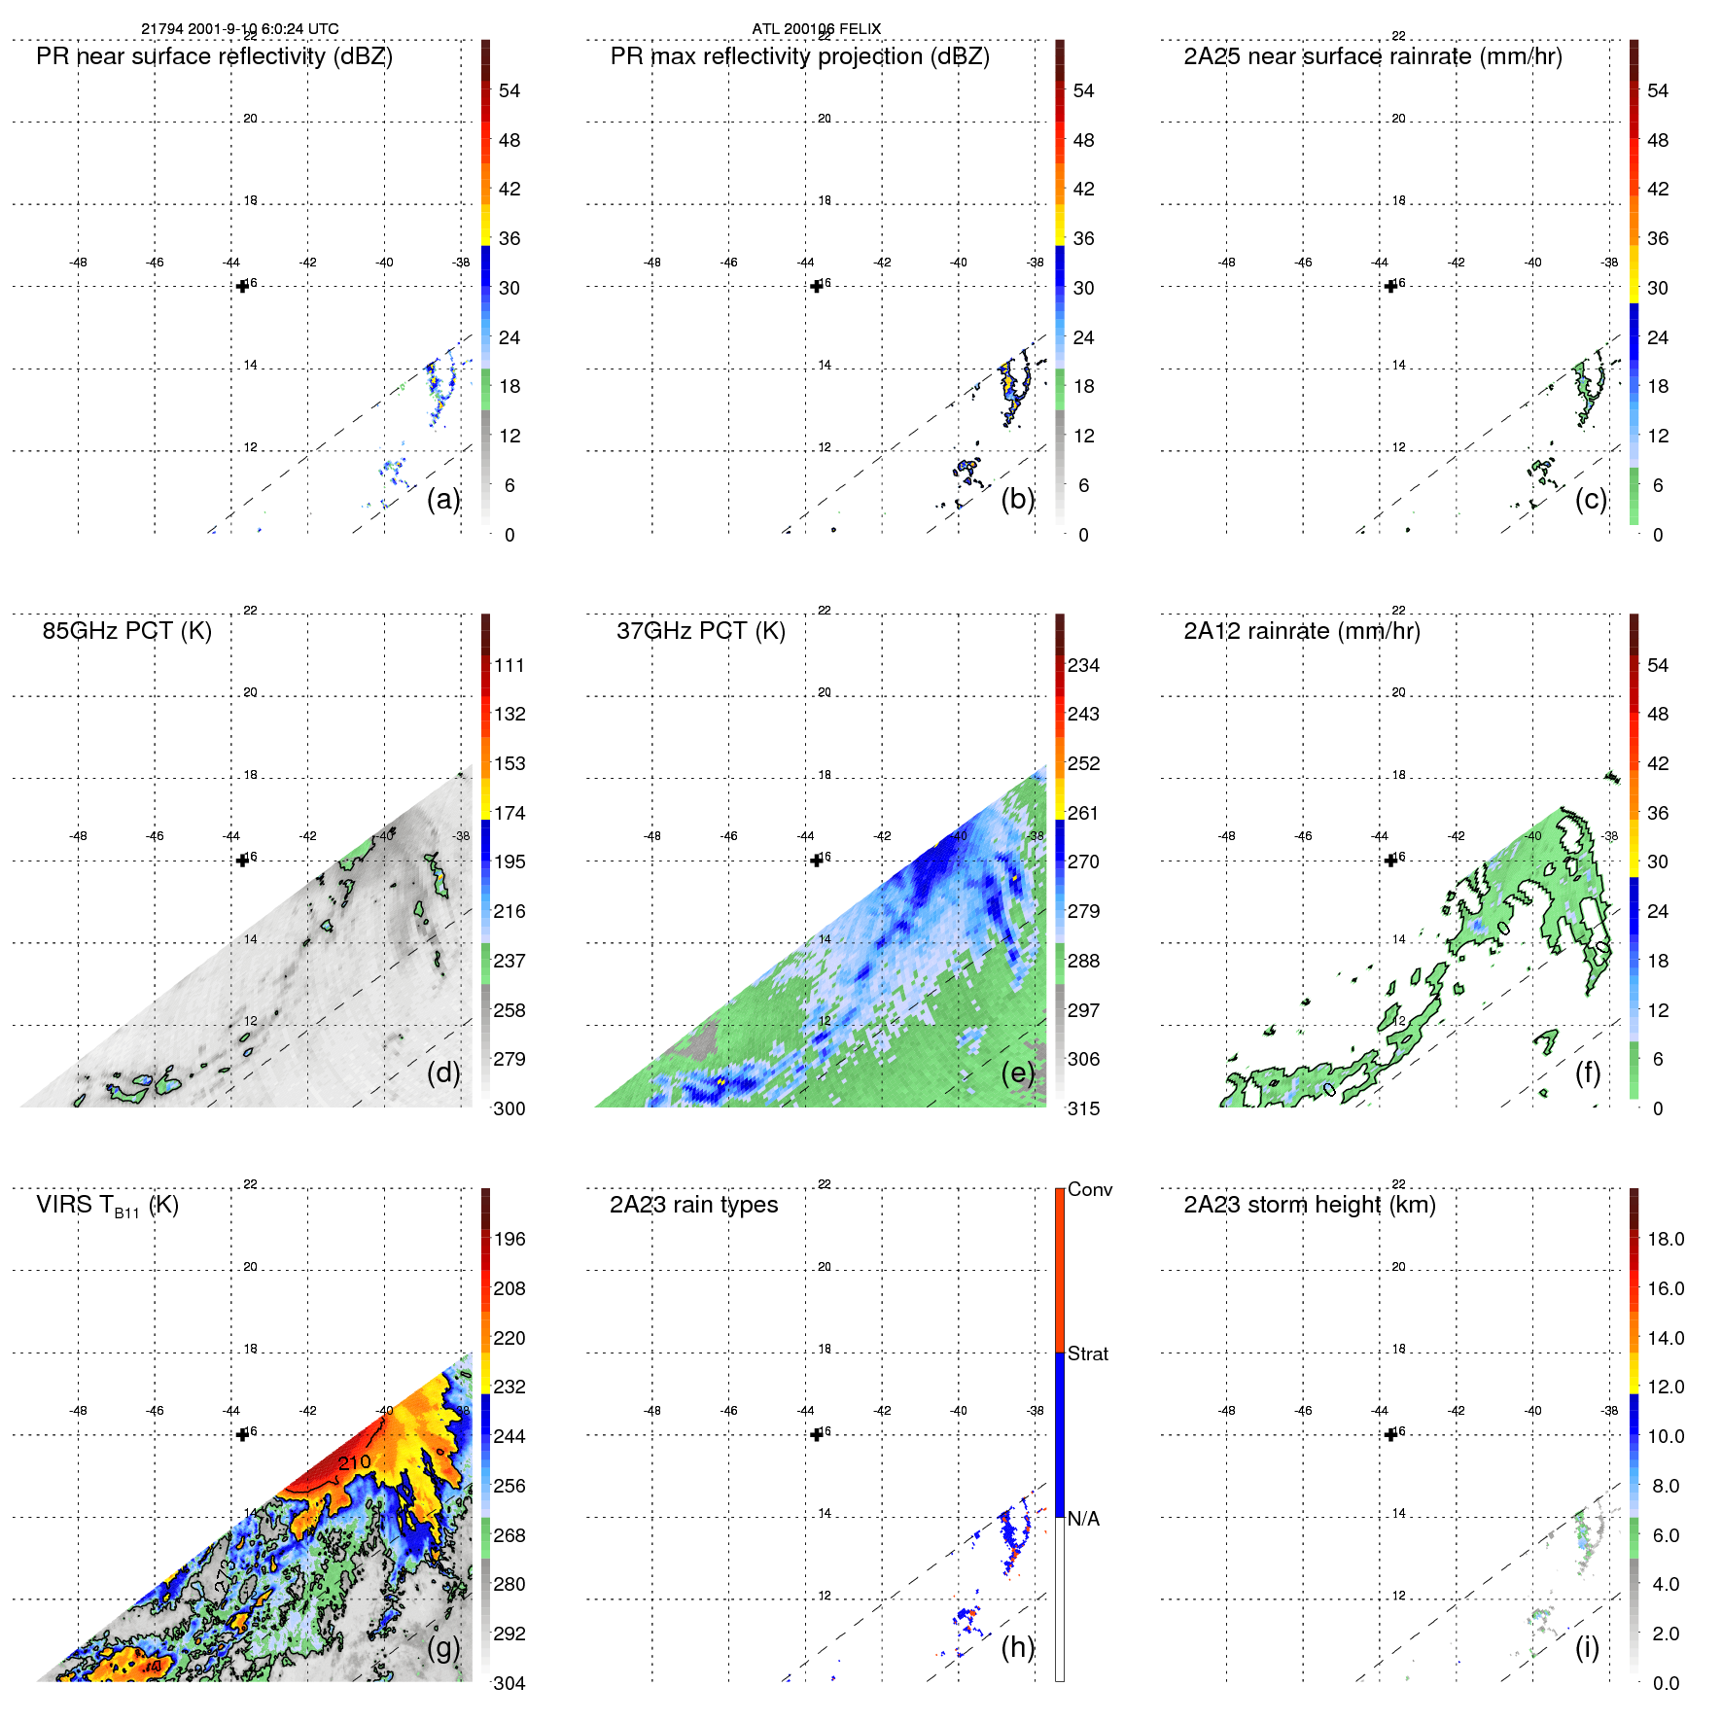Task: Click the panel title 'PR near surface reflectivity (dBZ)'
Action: (x=214, y=56)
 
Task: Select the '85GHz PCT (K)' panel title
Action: (x=126, y=631)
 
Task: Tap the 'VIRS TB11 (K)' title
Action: (x=107, y=1206)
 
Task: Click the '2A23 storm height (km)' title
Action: (x=1309, y=1206)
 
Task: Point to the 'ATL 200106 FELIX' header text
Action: (x=816, y=28)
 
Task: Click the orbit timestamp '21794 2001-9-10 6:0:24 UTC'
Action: (x=239, y=28)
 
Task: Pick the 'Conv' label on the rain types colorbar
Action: (x=1089, y=1190)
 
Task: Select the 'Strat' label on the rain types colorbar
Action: (x=1087, y=1354)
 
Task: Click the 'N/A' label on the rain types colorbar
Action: (x=1083, y=1519)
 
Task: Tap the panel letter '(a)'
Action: (x=442, y=499)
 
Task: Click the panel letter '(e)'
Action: (x=1017, y=1072)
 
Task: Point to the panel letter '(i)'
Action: (x=1587, y=1647)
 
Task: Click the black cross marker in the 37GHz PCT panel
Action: (x=817, y=861)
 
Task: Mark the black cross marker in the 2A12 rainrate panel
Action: (x=1390, y=861)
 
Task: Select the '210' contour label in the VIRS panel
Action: (x=354, y=1462)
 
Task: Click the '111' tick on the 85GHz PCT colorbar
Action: (x=509, y=666)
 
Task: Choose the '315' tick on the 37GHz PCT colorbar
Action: (x=1083, y=1109)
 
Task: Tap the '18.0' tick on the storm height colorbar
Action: (x=1665, y=1240)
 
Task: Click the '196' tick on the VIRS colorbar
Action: (x=509, y=1240)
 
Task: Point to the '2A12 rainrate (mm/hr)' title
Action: (x=1301, y=631)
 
